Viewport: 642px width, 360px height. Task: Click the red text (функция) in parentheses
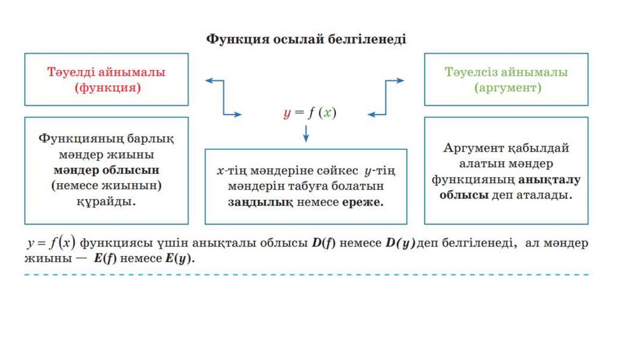107,88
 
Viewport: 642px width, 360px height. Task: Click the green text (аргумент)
507,88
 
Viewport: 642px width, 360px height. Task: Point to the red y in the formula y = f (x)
287,114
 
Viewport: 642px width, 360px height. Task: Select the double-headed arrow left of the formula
223,97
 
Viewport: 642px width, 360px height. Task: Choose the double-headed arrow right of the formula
386,97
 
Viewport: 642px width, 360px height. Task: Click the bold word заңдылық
253,203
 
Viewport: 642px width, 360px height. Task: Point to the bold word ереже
362,203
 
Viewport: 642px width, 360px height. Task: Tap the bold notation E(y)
180,258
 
